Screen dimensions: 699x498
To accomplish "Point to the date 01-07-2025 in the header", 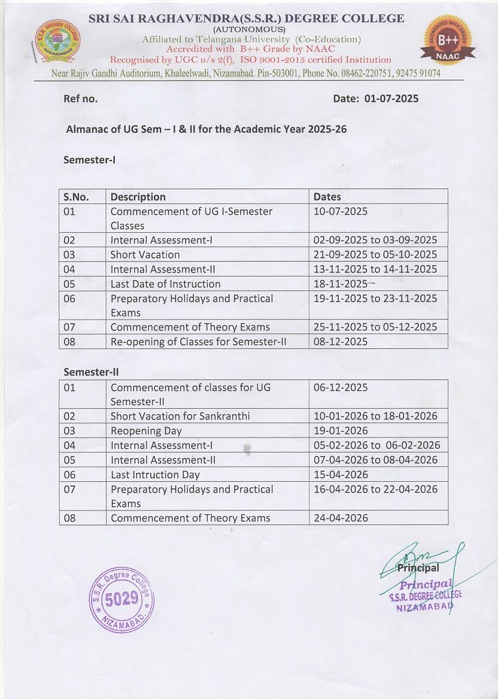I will pos(391,99).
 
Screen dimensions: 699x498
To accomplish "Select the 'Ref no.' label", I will pos(80,99).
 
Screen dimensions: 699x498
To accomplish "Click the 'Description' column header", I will pos(138,196).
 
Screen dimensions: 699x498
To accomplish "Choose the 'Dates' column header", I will pos(327,196).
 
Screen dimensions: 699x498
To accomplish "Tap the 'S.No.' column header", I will pos(76,196).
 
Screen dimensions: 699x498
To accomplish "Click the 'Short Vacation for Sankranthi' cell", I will pos(180,416).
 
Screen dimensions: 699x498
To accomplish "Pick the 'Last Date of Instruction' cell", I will pos(165,284).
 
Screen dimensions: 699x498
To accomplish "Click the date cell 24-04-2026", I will pos(341,518).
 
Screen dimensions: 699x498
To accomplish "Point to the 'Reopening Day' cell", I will pos(146,431).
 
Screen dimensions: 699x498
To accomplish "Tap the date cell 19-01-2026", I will pos(341,431).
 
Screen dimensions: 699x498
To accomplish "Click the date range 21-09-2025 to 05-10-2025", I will pos(375,254).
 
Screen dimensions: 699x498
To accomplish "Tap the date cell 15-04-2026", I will pos(341,475).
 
